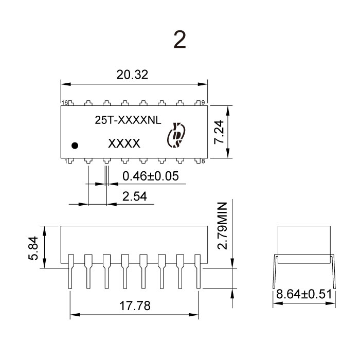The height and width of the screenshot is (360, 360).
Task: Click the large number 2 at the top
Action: (179, 40)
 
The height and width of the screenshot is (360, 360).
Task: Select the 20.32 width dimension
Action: (132, 75)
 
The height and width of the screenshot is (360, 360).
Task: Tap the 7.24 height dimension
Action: (219, 132)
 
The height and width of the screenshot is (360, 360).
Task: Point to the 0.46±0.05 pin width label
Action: (150, 176)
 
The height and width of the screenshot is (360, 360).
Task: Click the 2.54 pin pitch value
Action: (135, 196)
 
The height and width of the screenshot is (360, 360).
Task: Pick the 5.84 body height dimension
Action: (33, 248)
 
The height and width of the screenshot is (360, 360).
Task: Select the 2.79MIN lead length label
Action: (222, 226)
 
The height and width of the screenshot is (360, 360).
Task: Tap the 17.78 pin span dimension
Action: (135, 305)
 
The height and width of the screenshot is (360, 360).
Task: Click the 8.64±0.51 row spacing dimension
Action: (304, 294)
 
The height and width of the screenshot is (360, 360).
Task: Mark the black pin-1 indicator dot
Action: (75, 146)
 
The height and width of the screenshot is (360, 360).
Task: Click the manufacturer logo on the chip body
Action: (176, 135)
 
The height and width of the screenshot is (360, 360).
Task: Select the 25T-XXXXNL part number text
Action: (128, 120)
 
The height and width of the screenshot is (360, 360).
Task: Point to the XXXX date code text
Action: (124, 143)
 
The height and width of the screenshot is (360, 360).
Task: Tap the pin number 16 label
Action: (65, 103)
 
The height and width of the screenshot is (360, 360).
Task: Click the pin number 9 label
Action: (203, 103)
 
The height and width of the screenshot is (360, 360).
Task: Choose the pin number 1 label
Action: (66, 161)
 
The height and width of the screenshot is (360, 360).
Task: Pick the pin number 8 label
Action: (203, 161)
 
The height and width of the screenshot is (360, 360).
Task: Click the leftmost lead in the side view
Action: (70, 272)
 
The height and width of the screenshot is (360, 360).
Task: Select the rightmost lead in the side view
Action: (198, 272)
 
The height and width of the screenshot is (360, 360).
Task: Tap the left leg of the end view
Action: (275, 272)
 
